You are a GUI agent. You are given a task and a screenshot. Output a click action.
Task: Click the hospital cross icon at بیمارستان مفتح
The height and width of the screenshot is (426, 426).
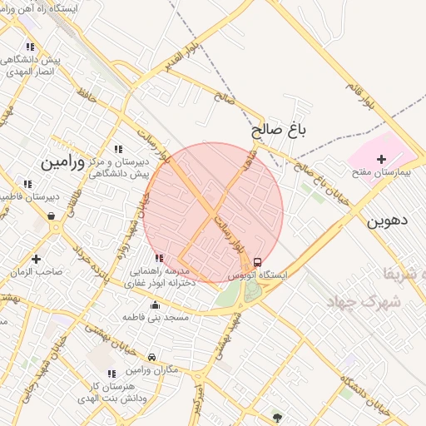point(382,158)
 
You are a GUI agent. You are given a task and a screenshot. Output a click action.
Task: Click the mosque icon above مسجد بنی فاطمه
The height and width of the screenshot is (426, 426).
point(155,305)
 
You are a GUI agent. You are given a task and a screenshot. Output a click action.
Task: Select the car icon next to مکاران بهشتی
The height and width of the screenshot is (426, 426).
point(151,358)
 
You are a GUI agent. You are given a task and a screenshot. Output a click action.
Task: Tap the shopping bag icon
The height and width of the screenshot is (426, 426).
point(52,216)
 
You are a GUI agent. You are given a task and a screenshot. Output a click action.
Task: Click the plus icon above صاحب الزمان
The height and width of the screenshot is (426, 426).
point(36,259)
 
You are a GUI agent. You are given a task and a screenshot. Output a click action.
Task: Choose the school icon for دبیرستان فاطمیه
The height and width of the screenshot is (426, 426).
point(27,184)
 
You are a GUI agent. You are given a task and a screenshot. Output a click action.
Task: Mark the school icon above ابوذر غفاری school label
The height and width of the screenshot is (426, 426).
point(159,258)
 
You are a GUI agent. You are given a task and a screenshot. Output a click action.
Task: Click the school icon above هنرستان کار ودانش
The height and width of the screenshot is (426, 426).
point(111,374)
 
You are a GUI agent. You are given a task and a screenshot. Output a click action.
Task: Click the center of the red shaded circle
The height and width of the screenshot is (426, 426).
point(213,213)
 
